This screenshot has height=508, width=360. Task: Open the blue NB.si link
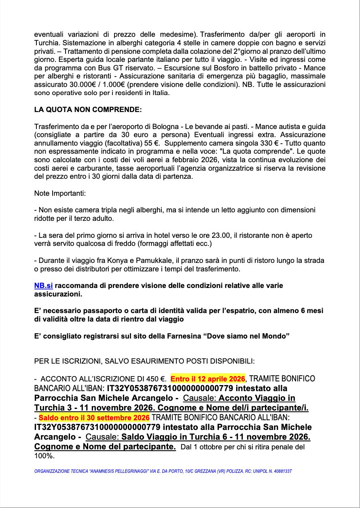(44, 286)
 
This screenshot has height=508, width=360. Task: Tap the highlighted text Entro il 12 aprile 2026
(208, 379)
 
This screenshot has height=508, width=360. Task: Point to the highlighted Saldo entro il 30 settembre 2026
(94, 417)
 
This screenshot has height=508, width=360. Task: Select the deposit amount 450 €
(158, 379)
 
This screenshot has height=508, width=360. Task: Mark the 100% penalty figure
(44, 456)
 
